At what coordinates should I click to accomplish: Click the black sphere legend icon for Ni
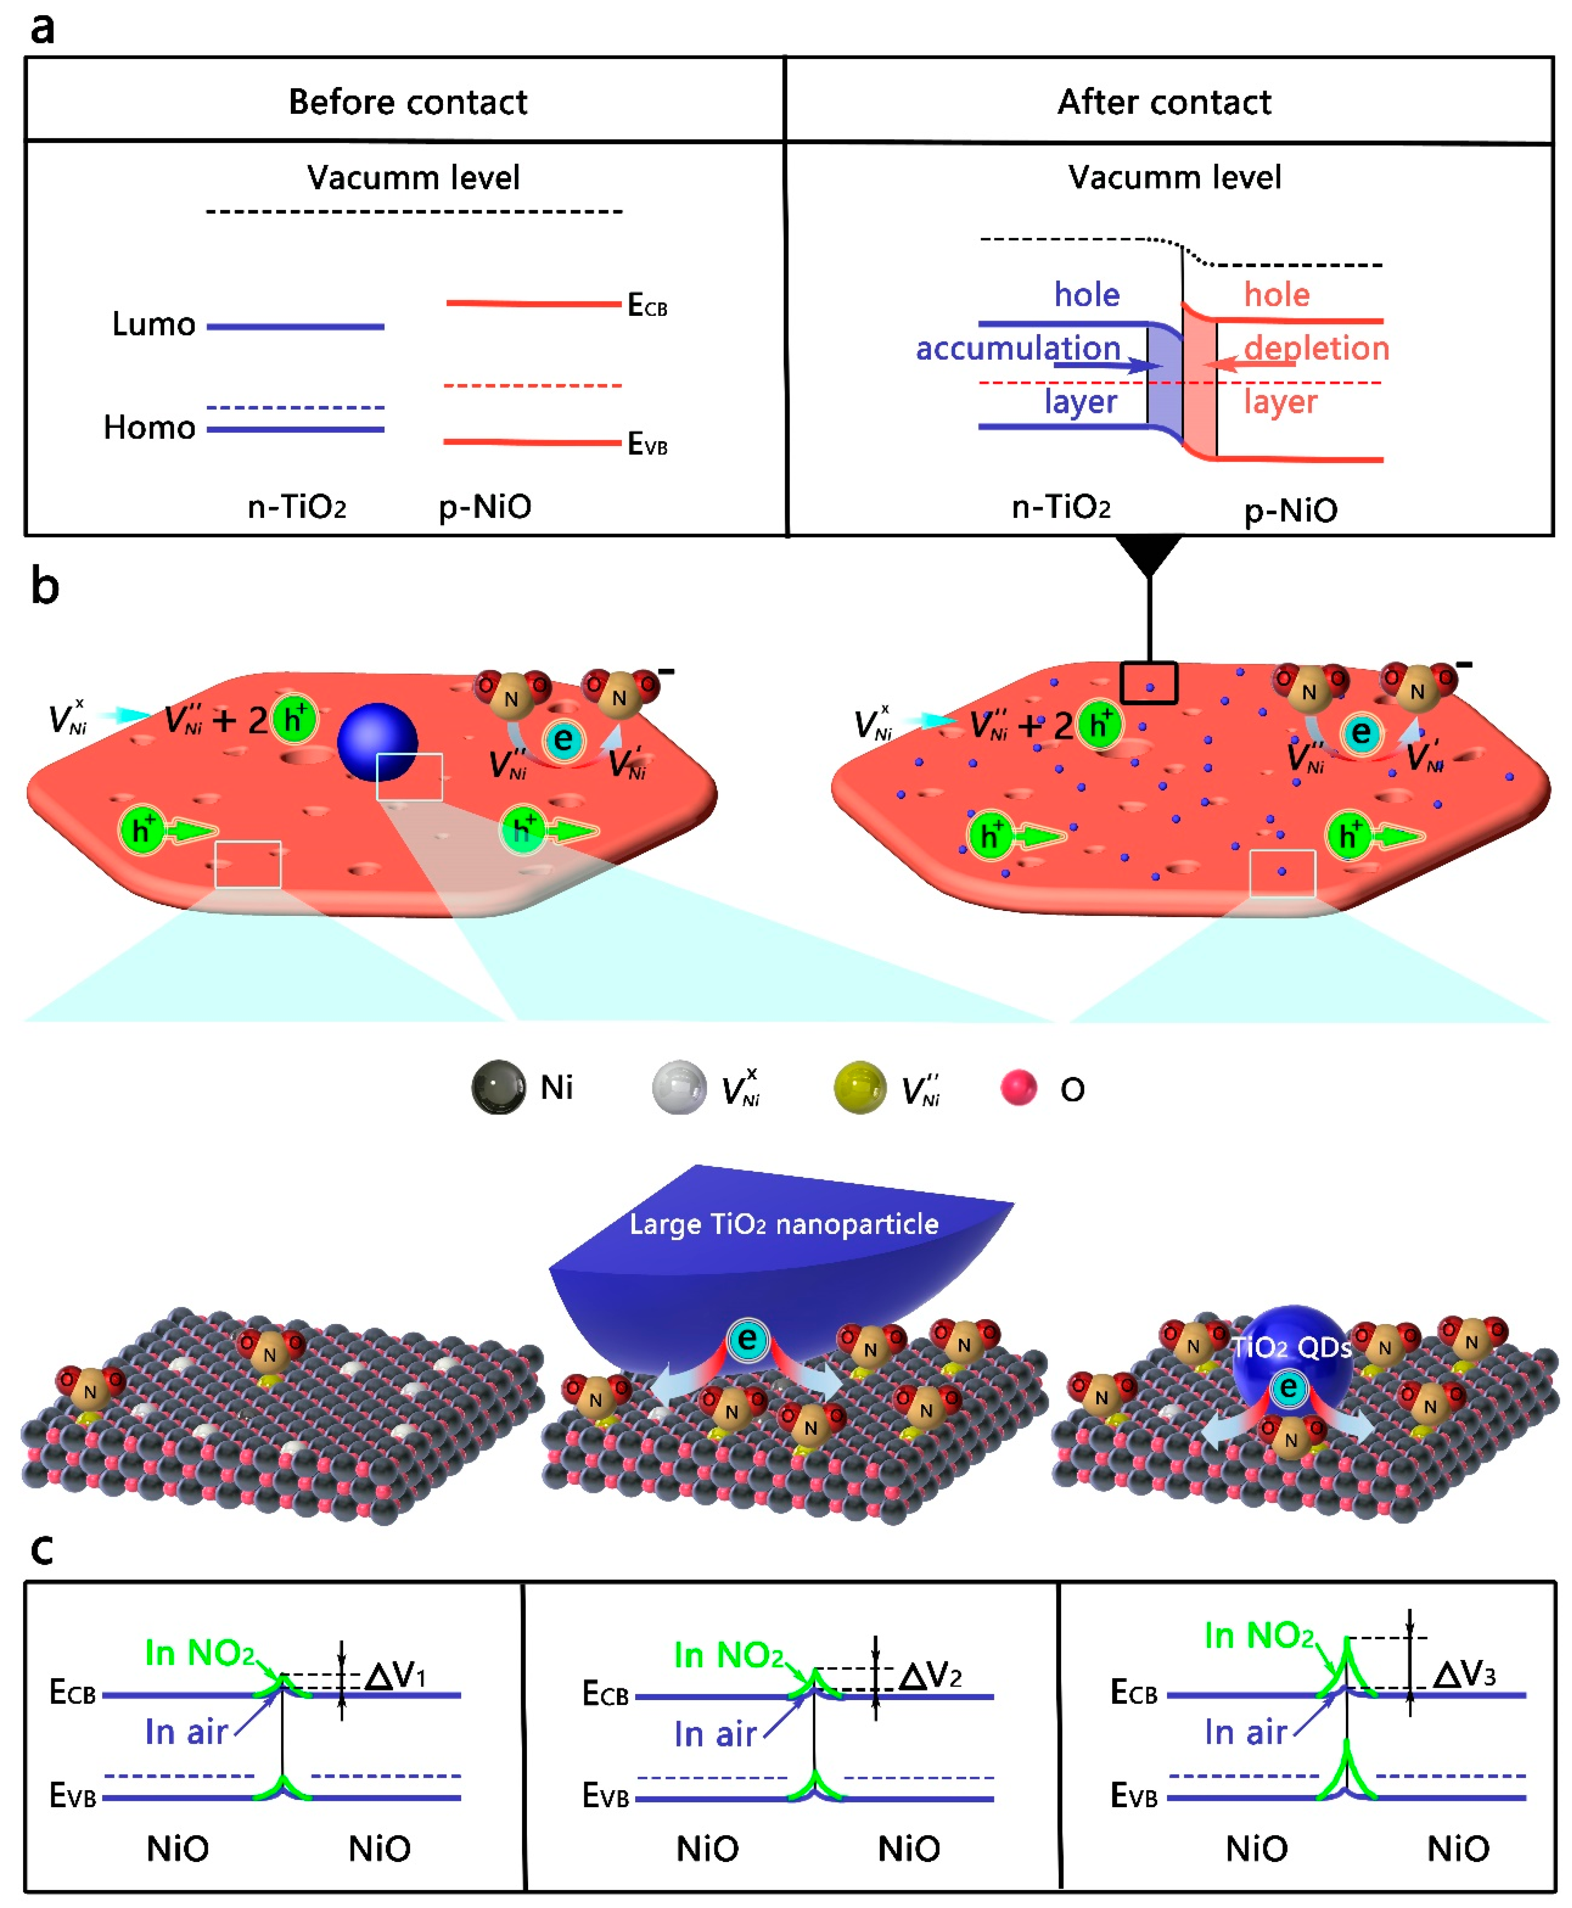pos(498,1087)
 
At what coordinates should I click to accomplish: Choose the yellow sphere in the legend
pos(859,1087)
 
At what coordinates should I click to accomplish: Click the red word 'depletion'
pos(1316,348)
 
